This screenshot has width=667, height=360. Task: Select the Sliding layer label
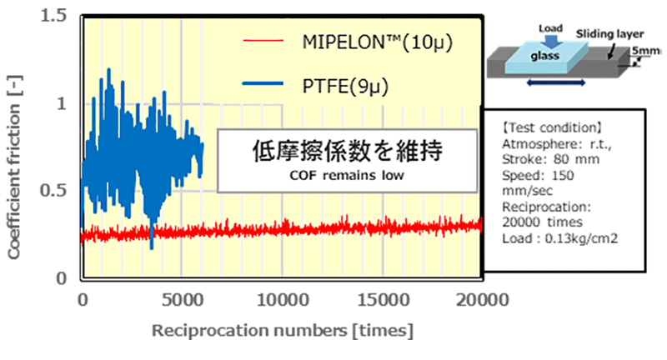pos(607,35)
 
